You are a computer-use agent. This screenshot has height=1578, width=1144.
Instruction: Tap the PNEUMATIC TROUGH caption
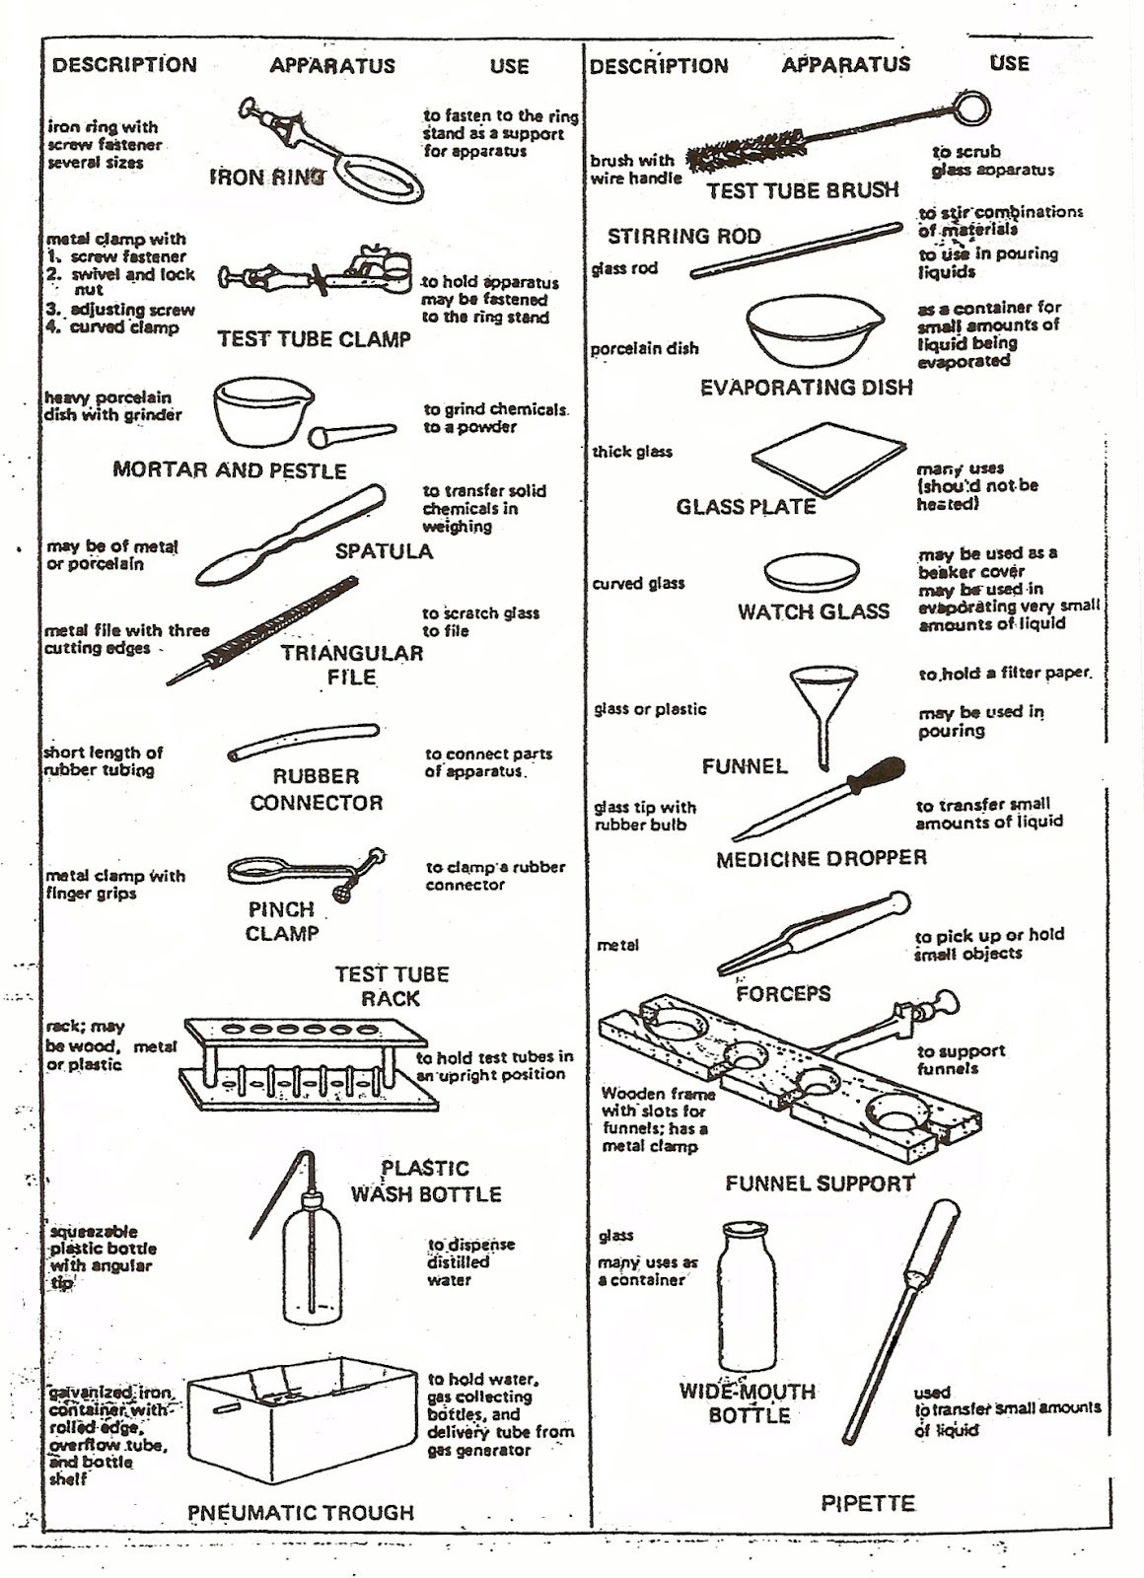(301, 1512)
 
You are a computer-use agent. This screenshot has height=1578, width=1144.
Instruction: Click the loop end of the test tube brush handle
(970, 108)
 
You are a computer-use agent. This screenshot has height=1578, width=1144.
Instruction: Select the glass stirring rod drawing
(795, 251)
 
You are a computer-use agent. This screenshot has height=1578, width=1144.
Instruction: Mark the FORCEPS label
(783, 992)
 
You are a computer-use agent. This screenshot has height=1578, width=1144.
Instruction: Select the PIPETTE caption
(868, 1503)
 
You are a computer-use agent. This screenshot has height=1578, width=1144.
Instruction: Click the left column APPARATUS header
(332, 66)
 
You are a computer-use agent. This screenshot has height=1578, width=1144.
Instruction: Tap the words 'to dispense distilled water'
(470, 1262)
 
